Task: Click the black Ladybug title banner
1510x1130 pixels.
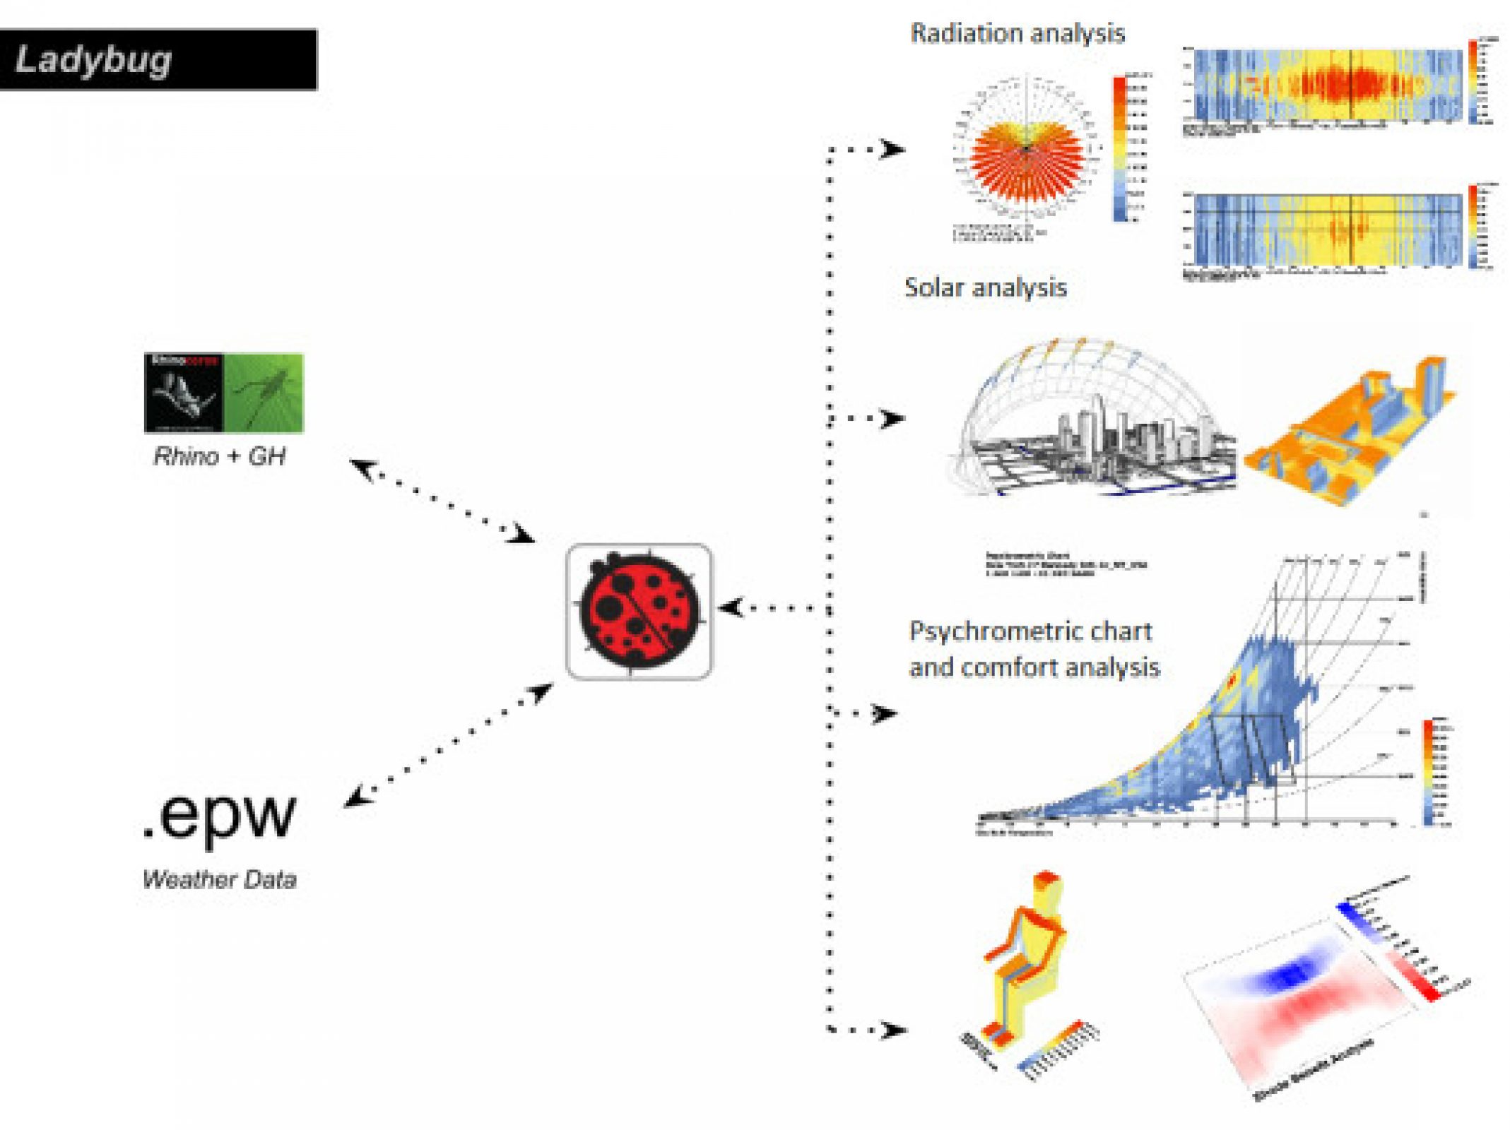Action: coord(158,59)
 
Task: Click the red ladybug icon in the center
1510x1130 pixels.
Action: coord(639,611)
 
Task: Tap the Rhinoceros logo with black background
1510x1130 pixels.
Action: coord(184,393)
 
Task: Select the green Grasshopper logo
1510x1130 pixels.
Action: coord(264,393)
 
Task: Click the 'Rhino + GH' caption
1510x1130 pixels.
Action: coord(220,456)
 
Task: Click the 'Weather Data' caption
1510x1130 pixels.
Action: coord(220,879)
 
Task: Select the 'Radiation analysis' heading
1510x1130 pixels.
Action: coord(1017,33)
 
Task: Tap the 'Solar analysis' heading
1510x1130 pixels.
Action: coord(985,287)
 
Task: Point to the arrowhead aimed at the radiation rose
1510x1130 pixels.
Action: coord(894,149)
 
